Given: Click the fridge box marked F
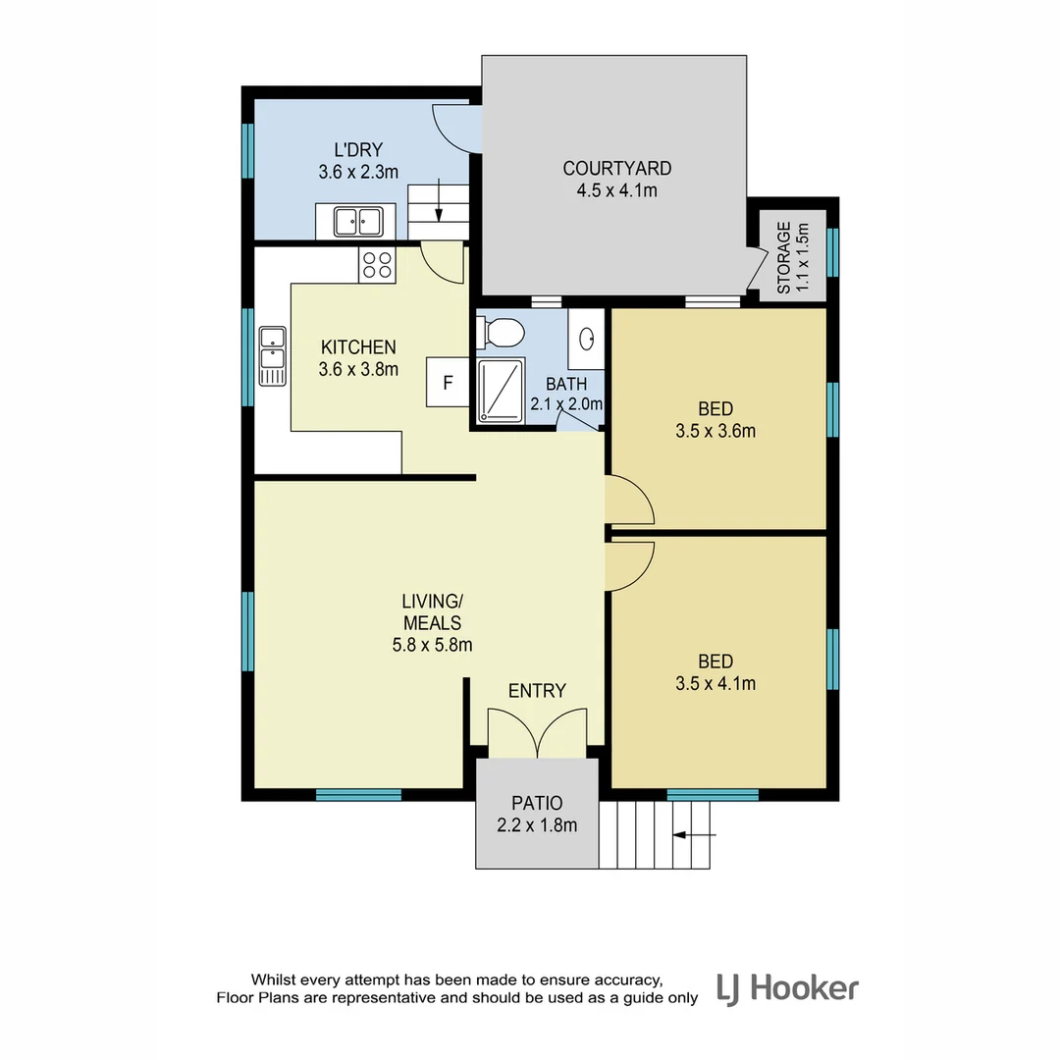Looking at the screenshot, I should click(x=448, y=383).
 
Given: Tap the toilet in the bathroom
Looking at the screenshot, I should click(x=498, y=334).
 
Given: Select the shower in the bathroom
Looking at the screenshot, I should click(x=501, y=391).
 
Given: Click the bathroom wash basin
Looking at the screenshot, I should click(x=587, y=339).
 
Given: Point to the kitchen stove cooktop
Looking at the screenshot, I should click(x=377, y=265).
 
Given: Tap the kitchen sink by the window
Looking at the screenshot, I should click(x=272, y=356).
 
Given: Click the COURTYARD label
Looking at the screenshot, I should click(x=616, y=169).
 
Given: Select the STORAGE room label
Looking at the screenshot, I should click(x=783, y=257).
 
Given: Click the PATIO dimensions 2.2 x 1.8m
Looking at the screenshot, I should click(x=537, y=825).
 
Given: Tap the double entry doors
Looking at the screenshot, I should click(x=537, y=734).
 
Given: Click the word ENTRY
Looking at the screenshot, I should click(x=537, y=691).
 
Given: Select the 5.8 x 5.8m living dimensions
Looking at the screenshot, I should click(x=432, y=645).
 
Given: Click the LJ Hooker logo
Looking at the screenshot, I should click(x=787, y=987).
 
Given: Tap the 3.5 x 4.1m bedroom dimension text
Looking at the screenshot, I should click(x=715, y=684).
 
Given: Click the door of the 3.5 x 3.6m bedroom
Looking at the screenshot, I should click(x=630, y=500).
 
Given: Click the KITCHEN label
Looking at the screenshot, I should click(x=358, y=347).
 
